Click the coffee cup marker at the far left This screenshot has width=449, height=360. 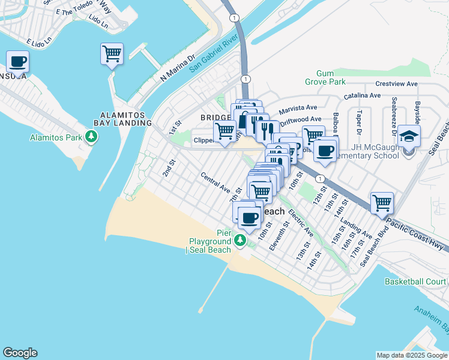[18, 61]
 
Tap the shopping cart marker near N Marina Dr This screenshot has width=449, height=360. [112, 54]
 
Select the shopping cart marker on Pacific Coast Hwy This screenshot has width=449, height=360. [382, 203]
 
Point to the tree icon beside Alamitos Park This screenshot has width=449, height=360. [91, 137]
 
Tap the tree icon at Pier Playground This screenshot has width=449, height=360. [240, 241]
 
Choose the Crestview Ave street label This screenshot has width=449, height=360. [396, 84]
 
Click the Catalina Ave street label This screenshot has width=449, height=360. [362, 95]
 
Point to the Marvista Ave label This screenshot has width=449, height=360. [298, 108]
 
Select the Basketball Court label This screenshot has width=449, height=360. [415, 281]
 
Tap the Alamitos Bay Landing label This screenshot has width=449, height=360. [125, 118]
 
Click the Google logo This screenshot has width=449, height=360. [20, 353]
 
